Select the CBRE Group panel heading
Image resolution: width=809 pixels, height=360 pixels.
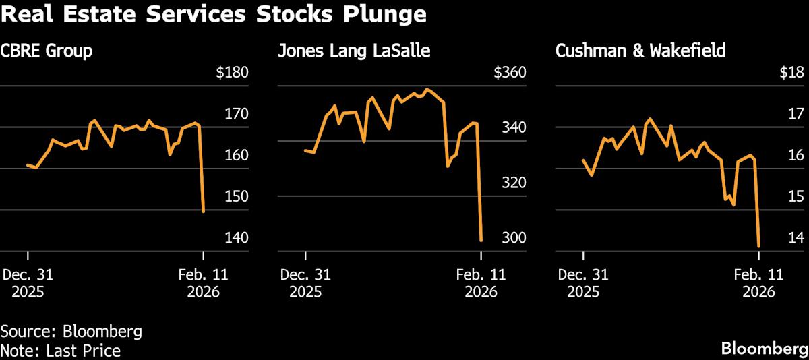click(x=47, y=51)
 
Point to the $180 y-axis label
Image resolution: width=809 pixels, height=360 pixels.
click(x=232, y=73)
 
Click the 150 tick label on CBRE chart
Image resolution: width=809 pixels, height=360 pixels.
click(x=236, y=196)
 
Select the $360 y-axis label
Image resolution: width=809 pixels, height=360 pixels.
click(x=510, y=73)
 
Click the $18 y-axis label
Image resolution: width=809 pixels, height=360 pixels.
click(x=791, y=73)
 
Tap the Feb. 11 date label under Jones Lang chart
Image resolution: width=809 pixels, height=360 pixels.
click(x=481, y=274)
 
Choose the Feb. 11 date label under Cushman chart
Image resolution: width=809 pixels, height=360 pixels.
click(x=758, y=274)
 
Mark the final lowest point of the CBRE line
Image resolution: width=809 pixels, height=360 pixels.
click(x=204, y=212)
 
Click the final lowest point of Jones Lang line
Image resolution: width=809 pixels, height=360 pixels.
click(x=481, y=240)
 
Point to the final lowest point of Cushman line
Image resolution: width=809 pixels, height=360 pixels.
click(x=759, y=246)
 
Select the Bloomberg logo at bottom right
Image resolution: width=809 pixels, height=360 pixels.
click(x=765, y=349)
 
